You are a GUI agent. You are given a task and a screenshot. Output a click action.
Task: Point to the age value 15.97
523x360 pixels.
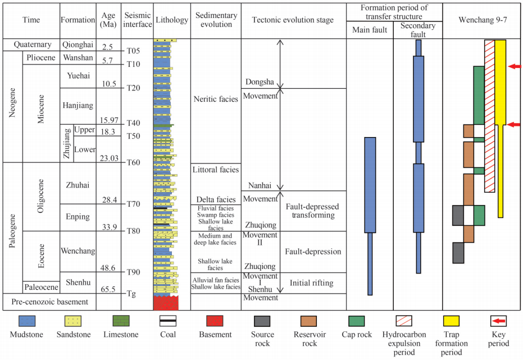pyautogui.click(x=108, y=120)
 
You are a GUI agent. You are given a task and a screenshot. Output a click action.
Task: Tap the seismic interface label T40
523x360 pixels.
pyautogui.click(x=133, y=124)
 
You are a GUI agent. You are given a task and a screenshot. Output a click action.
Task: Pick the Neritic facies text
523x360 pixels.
pyautogui.click(x=216, y=99)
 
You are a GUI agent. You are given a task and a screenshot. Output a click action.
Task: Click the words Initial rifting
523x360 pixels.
pyautogui.click(x=312, y=282)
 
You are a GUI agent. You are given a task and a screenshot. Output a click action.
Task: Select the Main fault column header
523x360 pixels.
pyautogui.click(x=369, y=30)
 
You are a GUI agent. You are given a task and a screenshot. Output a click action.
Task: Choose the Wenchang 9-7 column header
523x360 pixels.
pyautogui.click(x=483, y=20)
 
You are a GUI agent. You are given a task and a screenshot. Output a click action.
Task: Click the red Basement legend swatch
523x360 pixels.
pyautogui.click(x=216, y=322)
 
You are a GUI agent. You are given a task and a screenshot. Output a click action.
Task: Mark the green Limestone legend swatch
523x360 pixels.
pyautogui.click(x=121, y=322)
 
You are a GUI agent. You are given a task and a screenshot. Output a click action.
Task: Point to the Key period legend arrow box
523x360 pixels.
pyautogui.click(x=498, y=322)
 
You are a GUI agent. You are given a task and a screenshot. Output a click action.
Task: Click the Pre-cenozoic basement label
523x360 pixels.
pyautogui.click(x=50, y=302)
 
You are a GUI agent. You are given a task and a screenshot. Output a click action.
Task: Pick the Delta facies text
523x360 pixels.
pyautogui.click(x=216, y=199)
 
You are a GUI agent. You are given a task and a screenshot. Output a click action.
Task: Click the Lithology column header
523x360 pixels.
pyautogui.click(x=171, y=20)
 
